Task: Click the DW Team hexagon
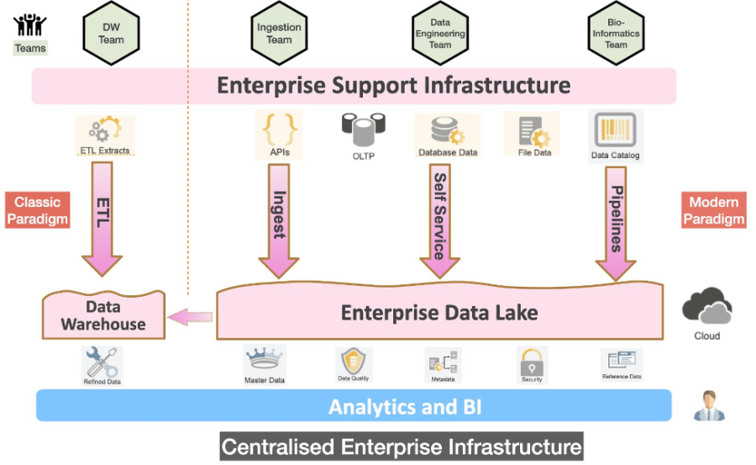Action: coord(111,33)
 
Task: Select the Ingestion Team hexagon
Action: coord(280,33)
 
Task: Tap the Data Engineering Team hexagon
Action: coord(440,33)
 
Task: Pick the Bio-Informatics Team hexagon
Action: coord(616,33)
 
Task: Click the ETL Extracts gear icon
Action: coord(105,130)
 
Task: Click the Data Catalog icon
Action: coord(616,129)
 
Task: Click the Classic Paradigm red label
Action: coord(37,210)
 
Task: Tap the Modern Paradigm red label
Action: coord(713,210)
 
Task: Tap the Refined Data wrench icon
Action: coord(102,362)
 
